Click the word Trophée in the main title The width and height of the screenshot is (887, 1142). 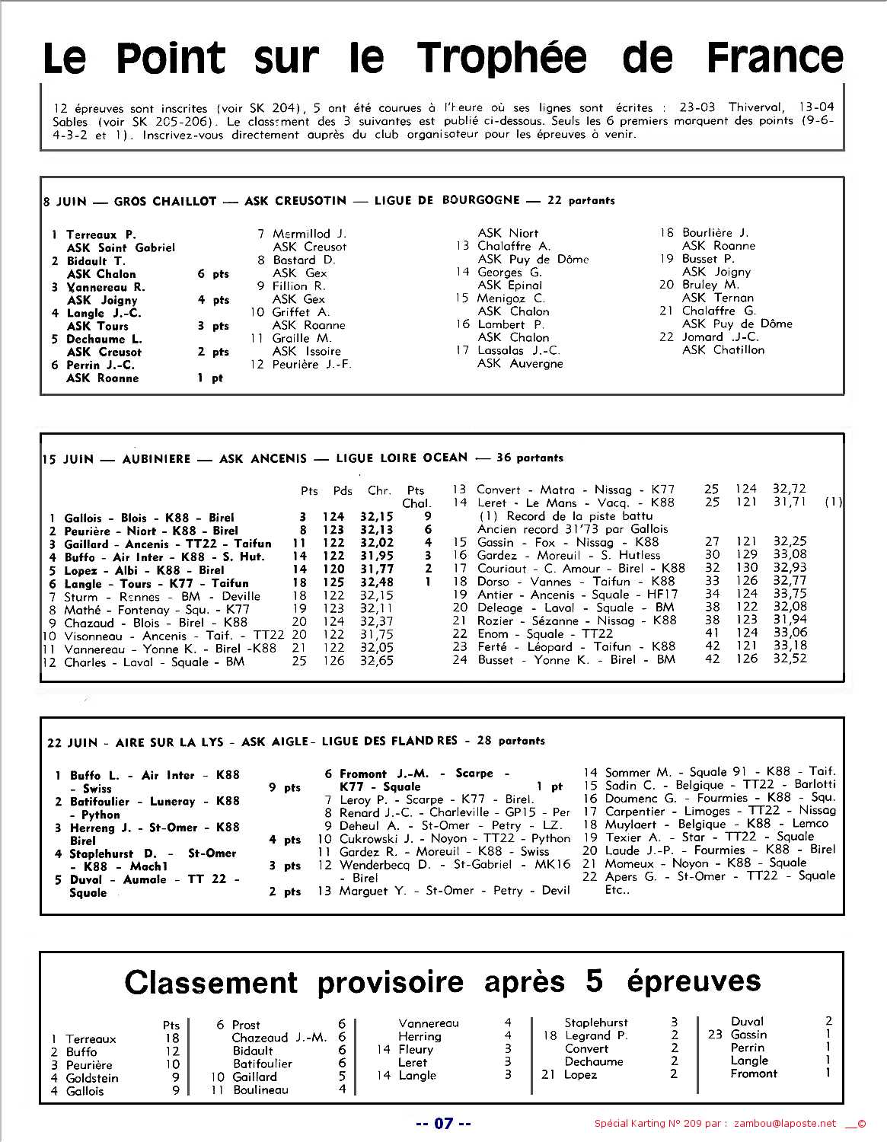coord(503,59)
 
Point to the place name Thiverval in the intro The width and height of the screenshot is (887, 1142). coord(761,107)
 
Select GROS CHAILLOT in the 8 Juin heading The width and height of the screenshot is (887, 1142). coord(165,201)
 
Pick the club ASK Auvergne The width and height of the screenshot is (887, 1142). coord(520,363)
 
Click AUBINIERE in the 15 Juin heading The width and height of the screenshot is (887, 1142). coord(156,459)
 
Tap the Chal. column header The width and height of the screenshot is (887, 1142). coord(416,503)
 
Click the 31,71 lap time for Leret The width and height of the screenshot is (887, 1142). coord(790,502)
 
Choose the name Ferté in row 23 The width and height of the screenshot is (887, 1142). coord(492,646)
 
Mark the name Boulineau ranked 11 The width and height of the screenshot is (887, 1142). coord(260,1089)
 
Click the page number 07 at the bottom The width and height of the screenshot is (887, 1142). coord(443,1123)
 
